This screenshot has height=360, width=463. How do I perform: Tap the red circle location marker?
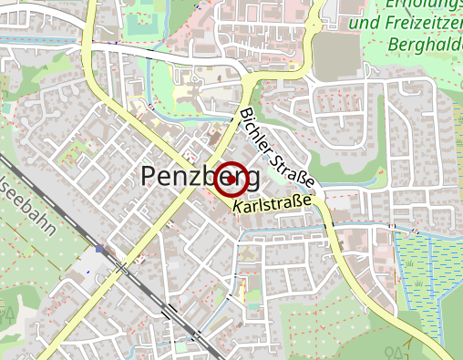(x=230, y=178)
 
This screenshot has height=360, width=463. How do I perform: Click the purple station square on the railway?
(x=99, y=248)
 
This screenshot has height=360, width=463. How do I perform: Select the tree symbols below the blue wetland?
(x=396, y=351)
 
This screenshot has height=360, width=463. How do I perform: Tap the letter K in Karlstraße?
(x=237, y=210)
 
